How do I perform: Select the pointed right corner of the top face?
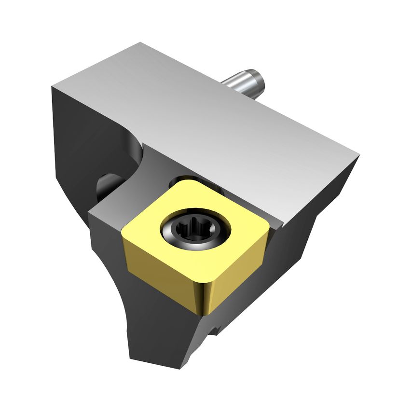[x=358, y=155]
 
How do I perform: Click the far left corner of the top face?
[x=53, y=86]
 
